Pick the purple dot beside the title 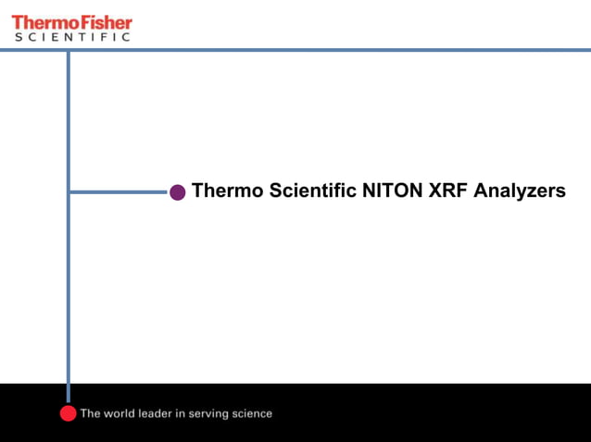tap(178, 192)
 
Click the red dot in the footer tap(68, 413)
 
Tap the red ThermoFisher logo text tap(71, 21)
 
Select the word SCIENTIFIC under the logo tap(71, 37)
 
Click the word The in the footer tap(91, 413)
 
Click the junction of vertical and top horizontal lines tap(68, 50)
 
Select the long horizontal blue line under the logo tap(324, 50)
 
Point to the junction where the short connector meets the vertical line tap(68, 192)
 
